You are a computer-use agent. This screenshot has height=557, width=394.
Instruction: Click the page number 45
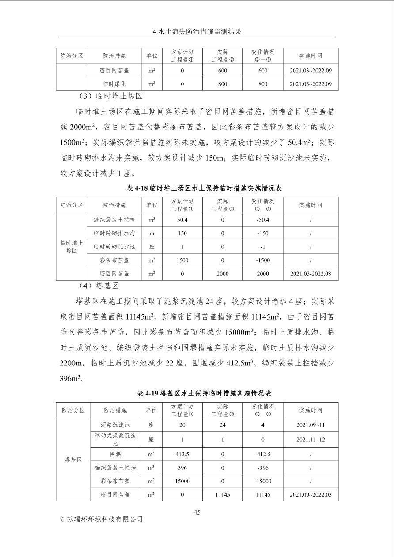[197, 512]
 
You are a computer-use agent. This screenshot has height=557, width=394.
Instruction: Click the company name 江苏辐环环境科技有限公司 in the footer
[102, 519]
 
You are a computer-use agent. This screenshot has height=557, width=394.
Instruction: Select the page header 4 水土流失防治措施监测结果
[197, 32]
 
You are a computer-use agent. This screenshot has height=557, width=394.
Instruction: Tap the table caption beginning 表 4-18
[197, 188]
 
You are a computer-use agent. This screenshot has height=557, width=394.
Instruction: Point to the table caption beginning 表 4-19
[197, 393]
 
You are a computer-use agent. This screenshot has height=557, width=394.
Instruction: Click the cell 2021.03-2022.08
[311, 274]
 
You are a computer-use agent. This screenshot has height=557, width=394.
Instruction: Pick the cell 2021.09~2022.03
[311, 495]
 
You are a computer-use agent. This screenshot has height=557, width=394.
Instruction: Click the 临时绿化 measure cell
[114, 84]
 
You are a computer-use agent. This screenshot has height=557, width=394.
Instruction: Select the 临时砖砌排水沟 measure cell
[114, 233]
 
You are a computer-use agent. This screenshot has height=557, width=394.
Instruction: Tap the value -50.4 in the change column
[263, 220]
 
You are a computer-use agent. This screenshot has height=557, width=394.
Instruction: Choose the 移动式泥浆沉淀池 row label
[114, 439]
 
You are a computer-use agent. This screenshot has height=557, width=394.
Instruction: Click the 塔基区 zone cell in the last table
[73, 459]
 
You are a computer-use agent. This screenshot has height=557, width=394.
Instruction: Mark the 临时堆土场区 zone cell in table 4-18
[72, 247]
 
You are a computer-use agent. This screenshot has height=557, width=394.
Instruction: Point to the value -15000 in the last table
[263, 481]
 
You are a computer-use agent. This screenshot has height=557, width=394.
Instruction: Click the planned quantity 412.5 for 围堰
[182, 454]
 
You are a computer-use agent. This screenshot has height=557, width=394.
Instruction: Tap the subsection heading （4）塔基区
[98, 286]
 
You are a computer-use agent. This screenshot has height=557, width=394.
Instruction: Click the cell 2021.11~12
[311, 440]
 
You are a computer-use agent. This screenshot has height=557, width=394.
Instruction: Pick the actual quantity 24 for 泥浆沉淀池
[223, 425]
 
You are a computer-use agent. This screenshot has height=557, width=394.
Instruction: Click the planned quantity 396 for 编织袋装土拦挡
[182, 468]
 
